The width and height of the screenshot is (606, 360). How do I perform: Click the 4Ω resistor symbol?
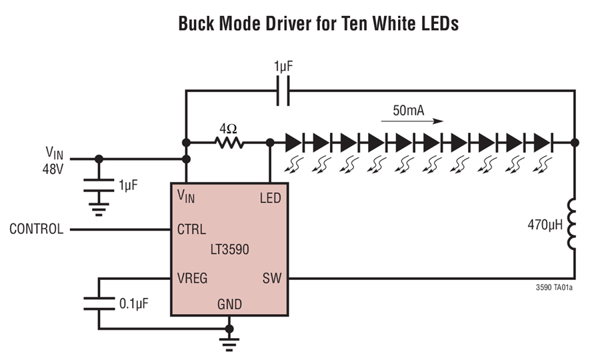(x=228, y=142)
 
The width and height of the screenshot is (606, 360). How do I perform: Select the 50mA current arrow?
(x=411, y=122)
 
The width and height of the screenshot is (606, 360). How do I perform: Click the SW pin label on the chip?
(x=271, y=278)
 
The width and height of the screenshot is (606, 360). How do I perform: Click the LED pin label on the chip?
(x=269, y=197)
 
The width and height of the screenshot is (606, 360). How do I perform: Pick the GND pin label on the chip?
(x=229, y=305)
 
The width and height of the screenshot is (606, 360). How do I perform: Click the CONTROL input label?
(x=37, y=229)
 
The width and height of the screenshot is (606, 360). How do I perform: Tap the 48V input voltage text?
(x=51, y=169)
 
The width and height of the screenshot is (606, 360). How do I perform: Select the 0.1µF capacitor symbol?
(x=99, y=303)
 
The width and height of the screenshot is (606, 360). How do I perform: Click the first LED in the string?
(x=294, y=142)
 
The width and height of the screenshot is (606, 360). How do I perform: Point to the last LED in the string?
(x=542, y=142)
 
